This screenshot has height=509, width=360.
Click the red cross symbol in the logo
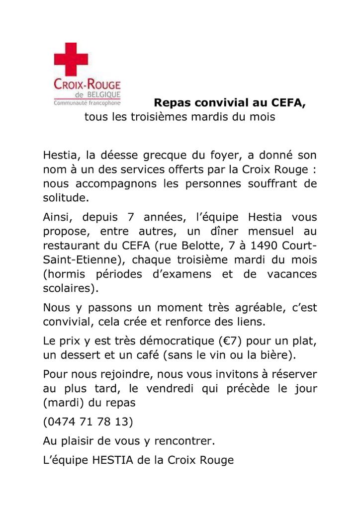click(x=71, y=59)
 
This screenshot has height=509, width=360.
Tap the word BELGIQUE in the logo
click(x=101, y=94)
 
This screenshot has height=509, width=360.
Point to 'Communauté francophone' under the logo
click(x=84, y=103)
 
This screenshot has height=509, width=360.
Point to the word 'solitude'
click(x=65, y=197)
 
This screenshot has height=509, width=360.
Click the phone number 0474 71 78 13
click(x=88, y=422)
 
